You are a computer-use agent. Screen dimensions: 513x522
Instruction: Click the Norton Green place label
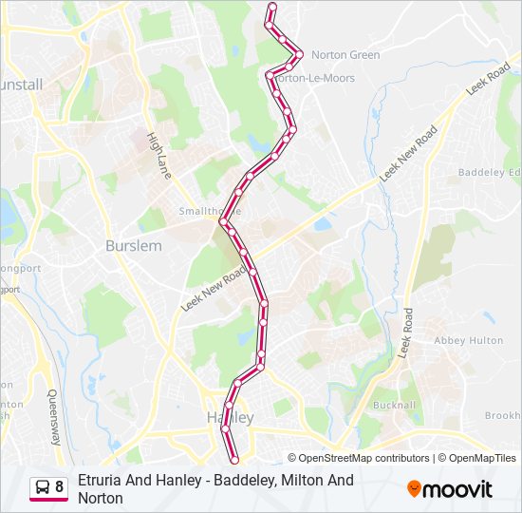pos(345,55)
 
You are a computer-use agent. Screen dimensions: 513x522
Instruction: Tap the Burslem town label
pos(133,245)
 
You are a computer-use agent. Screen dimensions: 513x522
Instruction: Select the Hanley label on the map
pos(230,417)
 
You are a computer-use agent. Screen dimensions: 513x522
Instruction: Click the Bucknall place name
pos(395,405)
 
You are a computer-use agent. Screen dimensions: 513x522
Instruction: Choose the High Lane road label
pos(159,156)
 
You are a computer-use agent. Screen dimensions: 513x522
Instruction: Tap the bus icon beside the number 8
pos(42,487)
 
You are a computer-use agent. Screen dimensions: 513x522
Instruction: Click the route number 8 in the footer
pos(60,487)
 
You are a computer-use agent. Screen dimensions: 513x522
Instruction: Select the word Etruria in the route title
pos(100,481)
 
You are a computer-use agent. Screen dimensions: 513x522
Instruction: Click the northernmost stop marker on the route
pos(272,8)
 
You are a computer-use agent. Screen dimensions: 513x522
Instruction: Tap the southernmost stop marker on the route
pos(234,463)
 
